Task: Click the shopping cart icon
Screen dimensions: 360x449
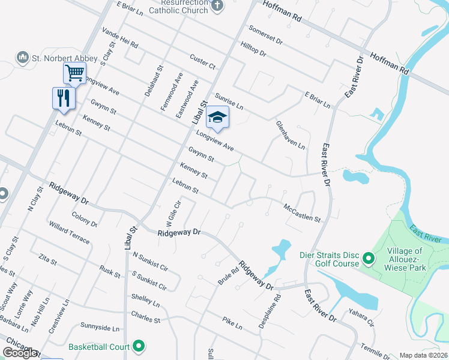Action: point(74,73)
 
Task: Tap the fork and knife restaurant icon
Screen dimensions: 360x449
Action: point(63,97)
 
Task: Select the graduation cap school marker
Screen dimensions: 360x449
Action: point(217,118)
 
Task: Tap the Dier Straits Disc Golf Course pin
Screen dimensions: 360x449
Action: point(368,259)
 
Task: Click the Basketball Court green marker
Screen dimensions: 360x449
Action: point(139,346)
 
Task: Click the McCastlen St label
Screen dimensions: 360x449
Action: point(302,214)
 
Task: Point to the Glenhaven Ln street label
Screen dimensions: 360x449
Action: point(291,135)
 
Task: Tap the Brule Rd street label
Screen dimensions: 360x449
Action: point(224,276)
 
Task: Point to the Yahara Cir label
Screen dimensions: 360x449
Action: point(361,317)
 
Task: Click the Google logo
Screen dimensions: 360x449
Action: point(20,352)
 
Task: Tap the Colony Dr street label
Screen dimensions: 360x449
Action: point(85,218)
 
